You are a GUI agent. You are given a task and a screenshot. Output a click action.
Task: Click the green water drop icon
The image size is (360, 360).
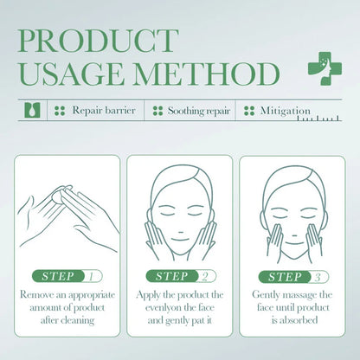tap(32, 112)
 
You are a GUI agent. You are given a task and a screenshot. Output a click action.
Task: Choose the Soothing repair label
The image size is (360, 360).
tap(198, 112)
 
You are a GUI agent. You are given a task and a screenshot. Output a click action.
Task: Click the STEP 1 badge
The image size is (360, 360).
tap(67, 276)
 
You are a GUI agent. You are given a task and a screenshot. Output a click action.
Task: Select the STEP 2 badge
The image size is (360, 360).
tap(180, 276)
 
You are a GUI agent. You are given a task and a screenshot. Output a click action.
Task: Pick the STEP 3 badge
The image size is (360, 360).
tap(292, 276)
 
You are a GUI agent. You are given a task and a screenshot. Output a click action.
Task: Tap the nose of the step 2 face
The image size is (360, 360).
tap(180, 223)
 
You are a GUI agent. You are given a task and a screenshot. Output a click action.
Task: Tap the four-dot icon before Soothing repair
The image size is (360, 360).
tap(158, 112)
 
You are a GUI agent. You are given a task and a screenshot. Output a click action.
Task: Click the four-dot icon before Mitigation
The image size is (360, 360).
tap(249, 112)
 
